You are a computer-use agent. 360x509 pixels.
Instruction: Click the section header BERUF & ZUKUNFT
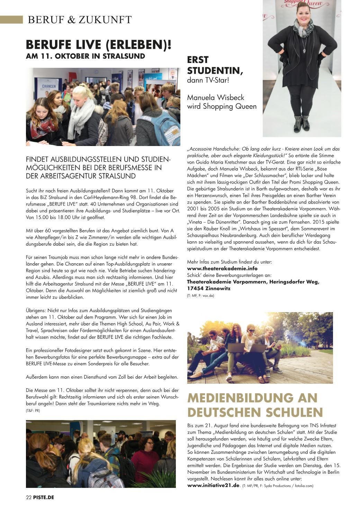coord(80,20)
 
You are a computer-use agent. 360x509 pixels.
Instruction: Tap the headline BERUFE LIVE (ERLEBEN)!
coord(99,45)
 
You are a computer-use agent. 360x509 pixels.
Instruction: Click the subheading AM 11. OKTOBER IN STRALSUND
coord(85,56)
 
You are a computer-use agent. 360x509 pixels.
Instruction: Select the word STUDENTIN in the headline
coord(215,71)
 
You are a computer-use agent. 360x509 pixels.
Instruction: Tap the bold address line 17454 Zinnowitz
coord(209,289)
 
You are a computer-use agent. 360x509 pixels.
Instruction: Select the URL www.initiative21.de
coord(213,485)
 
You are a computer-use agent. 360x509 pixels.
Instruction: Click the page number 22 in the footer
coord(29,498)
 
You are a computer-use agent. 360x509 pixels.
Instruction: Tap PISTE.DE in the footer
coord(44,498)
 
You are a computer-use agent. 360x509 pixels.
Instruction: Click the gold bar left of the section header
coord(11,20)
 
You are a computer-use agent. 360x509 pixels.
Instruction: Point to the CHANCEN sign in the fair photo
coord(49,87)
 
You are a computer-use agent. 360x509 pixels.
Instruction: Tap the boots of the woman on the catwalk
coord(301,123)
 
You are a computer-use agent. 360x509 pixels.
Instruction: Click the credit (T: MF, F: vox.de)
coord(200,296)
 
